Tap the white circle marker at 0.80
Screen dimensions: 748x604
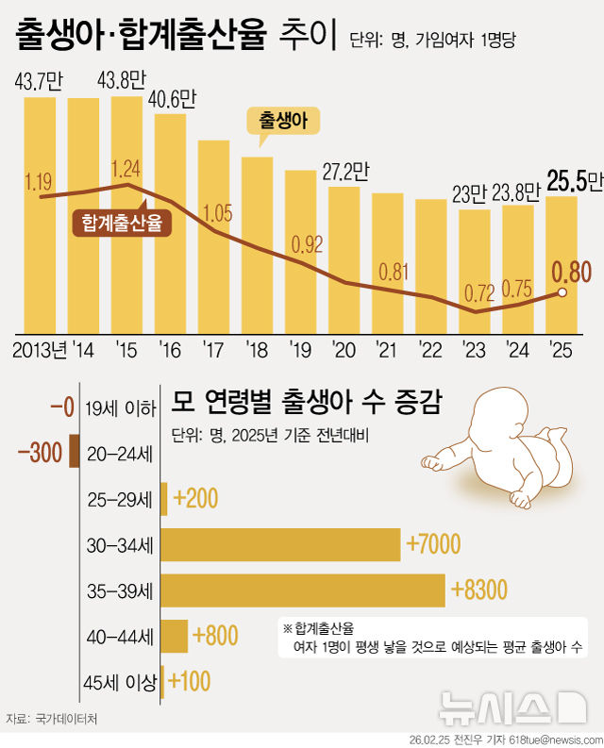pyautogui.click(x=562, y=293)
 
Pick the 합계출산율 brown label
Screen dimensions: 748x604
pyautogui.click(x=120, y=224)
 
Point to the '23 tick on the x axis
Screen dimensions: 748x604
pyautogui.click(x=475, y=351)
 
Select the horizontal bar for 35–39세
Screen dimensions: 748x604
pyautogui.click(x=303, y=590)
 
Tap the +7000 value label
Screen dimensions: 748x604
pyautogui.click(x=432, y=543)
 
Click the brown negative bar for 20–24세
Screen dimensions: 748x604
pyautogui.click(x=74, y=452)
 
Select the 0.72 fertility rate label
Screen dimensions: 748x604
pyautogui.click(x=475, y=291)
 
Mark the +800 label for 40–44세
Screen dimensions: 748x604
pyautogui.click(x=214, y=636)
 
